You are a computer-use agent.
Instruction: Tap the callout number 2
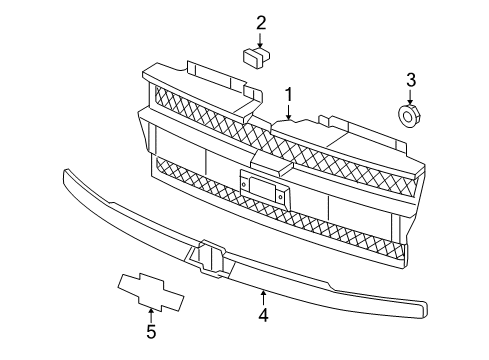point(261,23)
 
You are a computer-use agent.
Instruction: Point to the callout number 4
point(263,316)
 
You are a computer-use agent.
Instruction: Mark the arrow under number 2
point(261,41)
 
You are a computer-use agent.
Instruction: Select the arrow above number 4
point(263,297)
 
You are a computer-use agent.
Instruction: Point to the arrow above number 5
point(151,314)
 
